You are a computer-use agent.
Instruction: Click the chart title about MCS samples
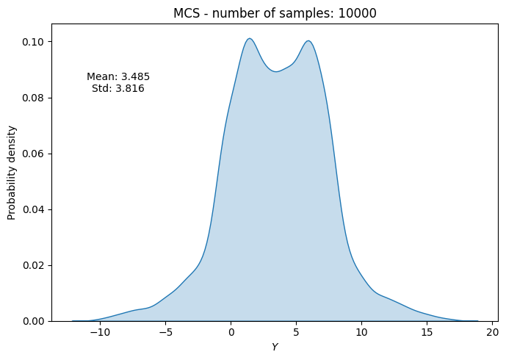pos(274,13)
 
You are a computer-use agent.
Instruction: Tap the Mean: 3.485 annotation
pos(118,76)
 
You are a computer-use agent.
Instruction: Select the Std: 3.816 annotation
pos(118,89)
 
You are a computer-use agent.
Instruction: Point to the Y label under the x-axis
pos(274,347)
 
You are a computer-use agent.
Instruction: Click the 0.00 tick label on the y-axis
pos(34,321)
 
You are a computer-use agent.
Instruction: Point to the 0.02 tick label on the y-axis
pos(34,265)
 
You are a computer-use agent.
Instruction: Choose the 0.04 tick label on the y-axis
pos(34,209)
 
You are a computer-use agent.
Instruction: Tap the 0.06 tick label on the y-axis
pos(34,154)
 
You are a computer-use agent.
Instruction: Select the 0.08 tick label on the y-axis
pos(34,98)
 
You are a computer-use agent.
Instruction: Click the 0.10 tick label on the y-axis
pos(34,42)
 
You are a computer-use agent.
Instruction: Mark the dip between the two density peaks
pos(276,71)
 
